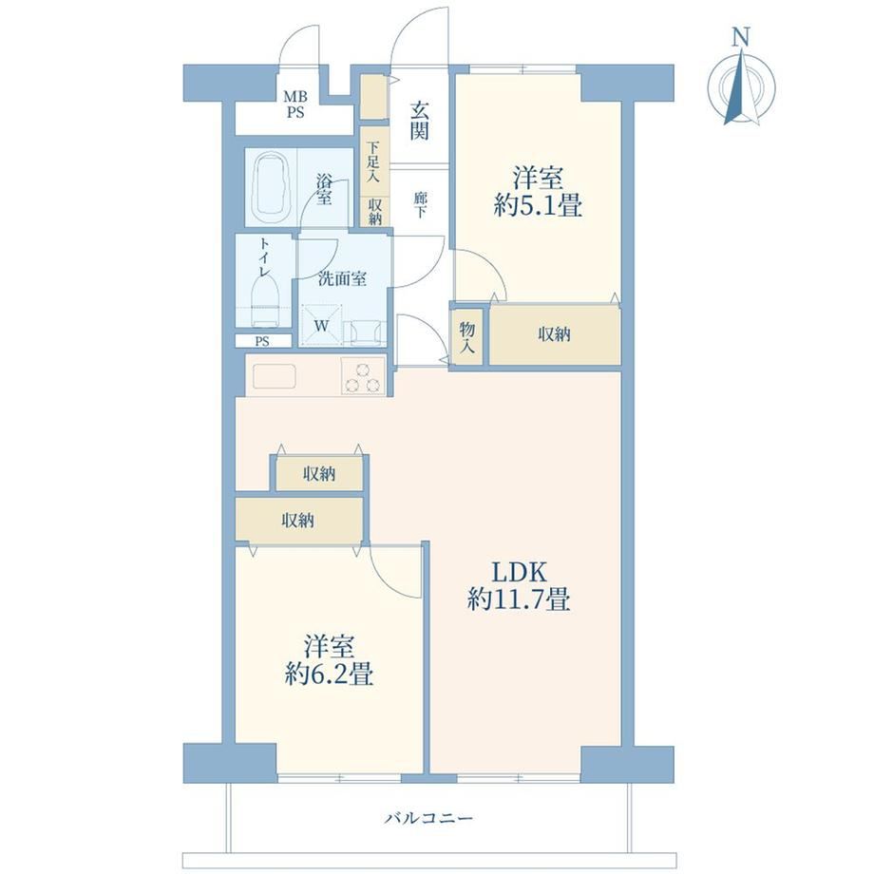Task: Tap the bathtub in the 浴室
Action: (x=274, y=187)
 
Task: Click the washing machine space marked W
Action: (x=321, y=326)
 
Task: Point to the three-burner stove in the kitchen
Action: (x=363, y=376)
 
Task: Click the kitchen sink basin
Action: (x=275, y=376)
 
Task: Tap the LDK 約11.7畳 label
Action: (x=519, y=586)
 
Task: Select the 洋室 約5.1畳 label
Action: (x=539, y=192)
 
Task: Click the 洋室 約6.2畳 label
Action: (x=329, y=661)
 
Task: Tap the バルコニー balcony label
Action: (x=429, y=819)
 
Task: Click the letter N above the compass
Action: (x=740, y=37)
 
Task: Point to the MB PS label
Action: (x=295, y=104)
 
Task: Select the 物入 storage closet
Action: (x=467, y=337)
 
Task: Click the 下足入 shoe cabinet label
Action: (x=373, y=162)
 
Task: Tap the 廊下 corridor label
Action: (x=420, y=204)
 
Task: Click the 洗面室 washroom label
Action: (x=342, y=278)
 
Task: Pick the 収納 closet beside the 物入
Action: (x=555, y=334)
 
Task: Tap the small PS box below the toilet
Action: (x=262, y=341)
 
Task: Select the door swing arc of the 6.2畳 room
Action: (x=390, y=579)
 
